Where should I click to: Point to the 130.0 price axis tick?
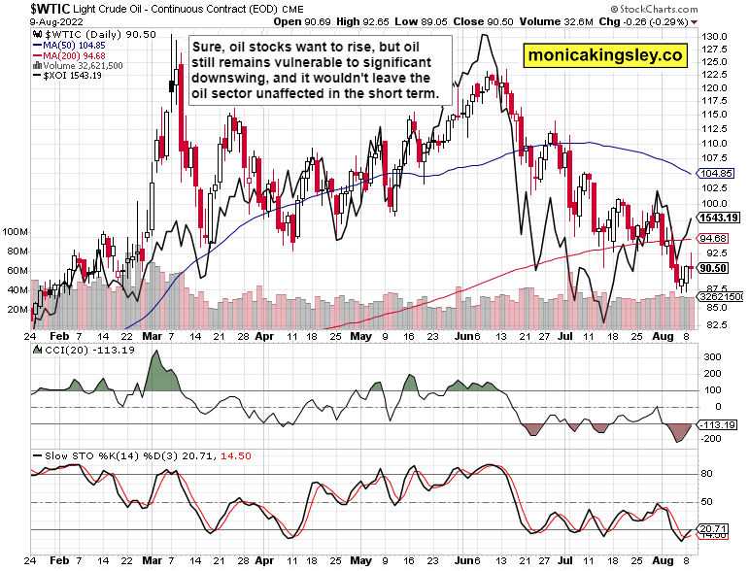pyautogui.click(x=715, y=36)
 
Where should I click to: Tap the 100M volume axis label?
pyautogui.click(x=17, y=233)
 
